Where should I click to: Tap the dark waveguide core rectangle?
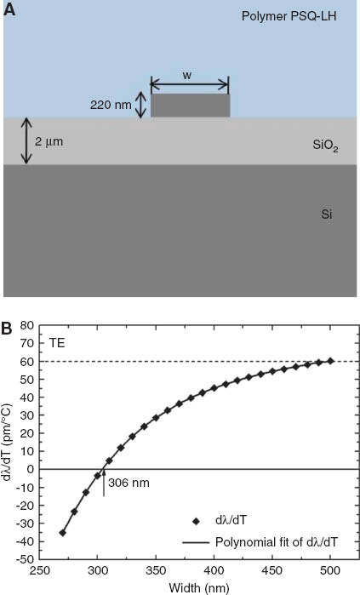pos(190,106)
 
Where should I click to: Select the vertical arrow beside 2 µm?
pos(26,140)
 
